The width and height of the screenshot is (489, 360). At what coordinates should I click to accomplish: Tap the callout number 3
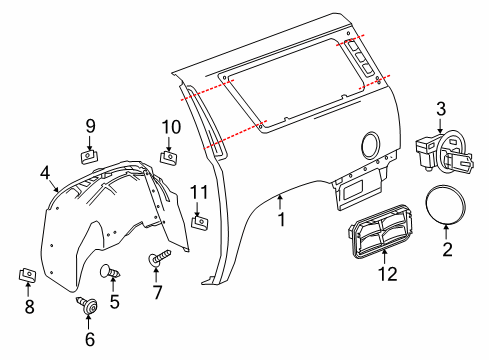pos(441,108)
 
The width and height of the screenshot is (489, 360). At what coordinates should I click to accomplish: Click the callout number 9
pos(89,126)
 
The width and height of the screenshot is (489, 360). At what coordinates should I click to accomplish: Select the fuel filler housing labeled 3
pos(442,152)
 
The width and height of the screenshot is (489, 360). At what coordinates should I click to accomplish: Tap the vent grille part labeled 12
pos(378,239)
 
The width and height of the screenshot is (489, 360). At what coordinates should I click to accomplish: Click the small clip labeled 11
pos(199,220)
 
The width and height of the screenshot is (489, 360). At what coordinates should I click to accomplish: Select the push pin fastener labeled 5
pos(111,271)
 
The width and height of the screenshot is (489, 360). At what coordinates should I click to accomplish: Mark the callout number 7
pos(156,293)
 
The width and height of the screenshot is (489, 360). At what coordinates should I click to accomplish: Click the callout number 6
pos(89,339)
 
